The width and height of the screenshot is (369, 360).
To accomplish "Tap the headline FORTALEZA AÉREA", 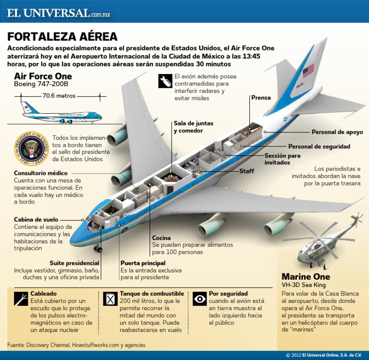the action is [62, 37].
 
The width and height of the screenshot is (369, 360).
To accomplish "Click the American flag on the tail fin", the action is [308, 70].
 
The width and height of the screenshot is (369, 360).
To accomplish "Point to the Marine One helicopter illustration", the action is [327, 242].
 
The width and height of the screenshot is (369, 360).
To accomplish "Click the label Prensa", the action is [261, 98].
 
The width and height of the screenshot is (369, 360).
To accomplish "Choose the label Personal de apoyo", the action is [337, 132].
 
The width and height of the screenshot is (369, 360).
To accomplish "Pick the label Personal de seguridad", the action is [319, 146].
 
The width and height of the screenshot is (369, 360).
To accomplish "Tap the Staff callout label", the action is [246, 171].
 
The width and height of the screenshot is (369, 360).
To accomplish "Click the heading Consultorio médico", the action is [41, 173].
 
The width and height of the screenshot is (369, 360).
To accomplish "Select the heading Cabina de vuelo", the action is [36, 219].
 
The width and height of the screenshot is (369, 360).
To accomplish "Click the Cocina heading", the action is [161, 238].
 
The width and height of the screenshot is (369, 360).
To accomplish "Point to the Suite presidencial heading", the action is [74, 263].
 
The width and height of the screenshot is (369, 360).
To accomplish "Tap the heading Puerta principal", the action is [143, 263].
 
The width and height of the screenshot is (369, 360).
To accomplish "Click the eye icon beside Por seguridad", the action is [199, 300].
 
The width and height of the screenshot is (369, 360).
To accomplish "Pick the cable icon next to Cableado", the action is [21, 299].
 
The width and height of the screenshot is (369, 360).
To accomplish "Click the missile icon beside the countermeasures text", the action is [165, 81].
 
